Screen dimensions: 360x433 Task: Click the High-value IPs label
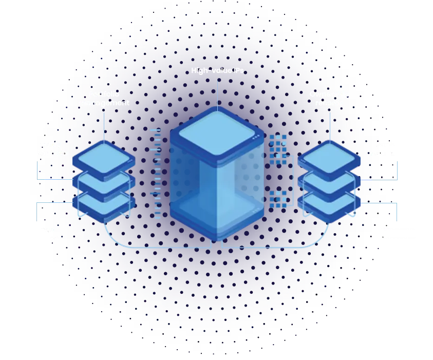click(x=217, y=70)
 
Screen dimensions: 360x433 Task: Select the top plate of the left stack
click(x=104, y=158)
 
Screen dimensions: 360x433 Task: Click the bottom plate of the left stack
click(x=104, y=202)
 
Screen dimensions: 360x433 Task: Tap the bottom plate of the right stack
click(x=329, y=202)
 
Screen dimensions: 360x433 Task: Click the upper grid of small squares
click(x=278, y=147)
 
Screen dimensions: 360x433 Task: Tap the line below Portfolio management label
click(x=104, y=126)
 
